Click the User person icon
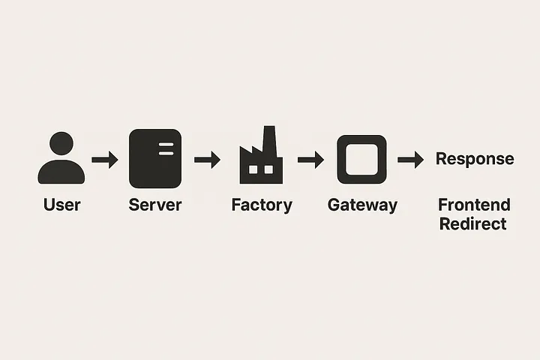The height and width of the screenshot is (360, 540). [x=61, y=159]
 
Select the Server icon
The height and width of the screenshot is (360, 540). [x=155, y=158]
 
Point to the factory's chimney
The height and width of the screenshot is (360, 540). [x=269, y=139]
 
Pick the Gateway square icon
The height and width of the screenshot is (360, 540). [x=361, y=159]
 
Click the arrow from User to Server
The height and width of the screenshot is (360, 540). [x=105, y=159]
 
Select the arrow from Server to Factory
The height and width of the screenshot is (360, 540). [x=207, y=159]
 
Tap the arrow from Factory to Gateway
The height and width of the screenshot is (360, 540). [x=310, y=159]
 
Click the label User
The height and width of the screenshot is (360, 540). [x=61, y=205]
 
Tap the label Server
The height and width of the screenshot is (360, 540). [x=155, y=205]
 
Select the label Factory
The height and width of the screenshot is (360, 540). [x=261, y=205]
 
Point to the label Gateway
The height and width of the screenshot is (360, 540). [x=362, y=205]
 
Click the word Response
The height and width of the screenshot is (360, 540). [x=475, y=159]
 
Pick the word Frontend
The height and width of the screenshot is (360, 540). [x=474, y=205]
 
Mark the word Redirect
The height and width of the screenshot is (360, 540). [x=473, y=223]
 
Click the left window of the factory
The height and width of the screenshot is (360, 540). [x=252, y=170]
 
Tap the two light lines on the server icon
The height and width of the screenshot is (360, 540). [x=166, y=147]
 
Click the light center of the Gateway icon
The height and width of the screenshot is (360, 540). [x=361, y=159]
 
